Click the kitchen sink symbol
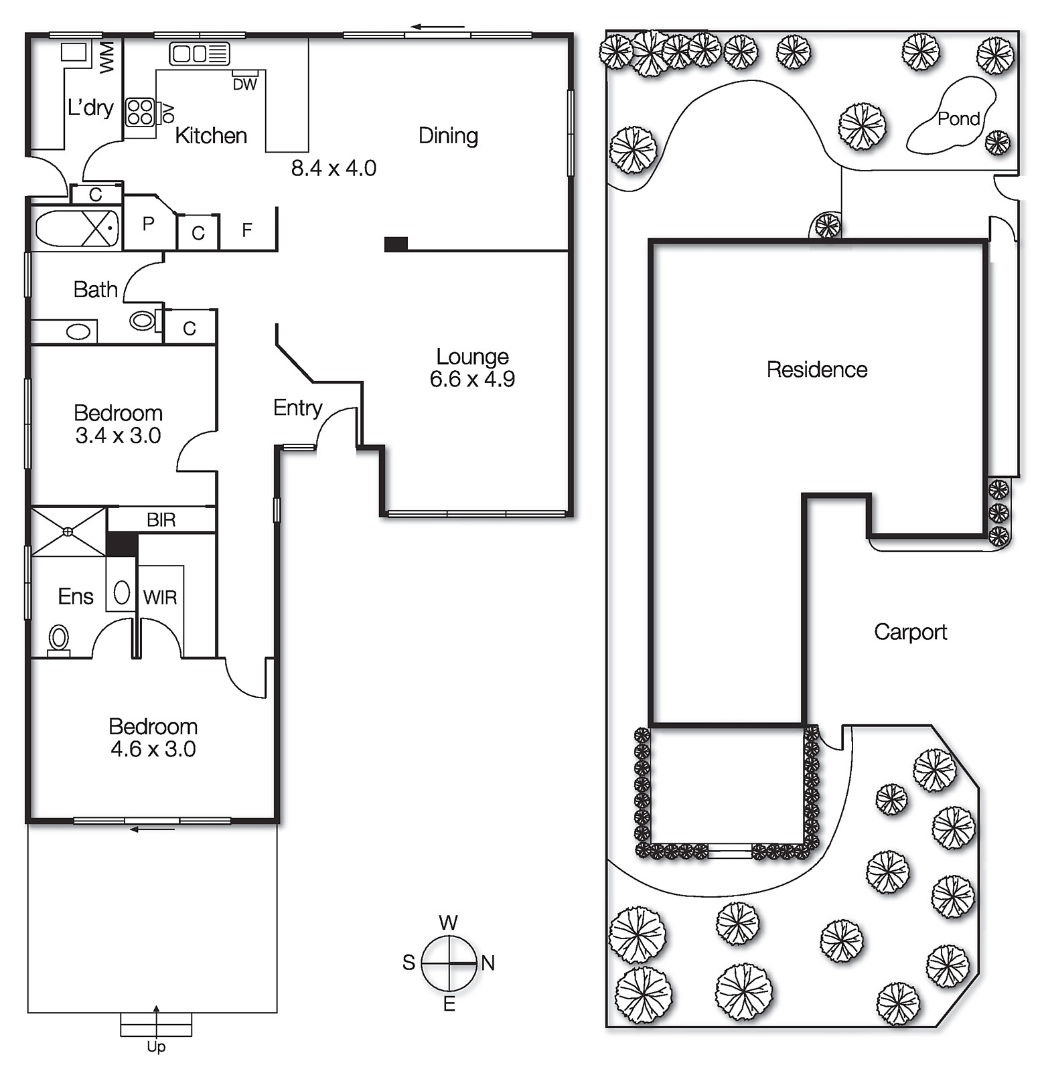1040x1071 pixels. click(199, 54)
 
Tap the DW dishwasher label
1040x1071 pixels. click(244, 84)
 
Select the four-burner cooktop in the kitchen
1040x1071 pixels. click(140, 112)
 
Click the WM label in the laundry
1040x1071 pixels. click(107, 57)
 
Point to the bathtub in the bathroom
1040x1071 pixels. click(76, 228)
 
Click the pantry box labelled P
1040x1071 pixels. click(149, 224)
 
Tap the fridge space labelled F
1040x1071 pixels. click(247, 230)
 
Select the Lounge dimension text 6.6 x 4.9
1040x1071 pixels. click(472, 380)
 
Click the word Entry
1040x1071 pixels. click(297, 408)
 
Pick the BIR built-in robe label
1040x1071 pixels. click(161, 519)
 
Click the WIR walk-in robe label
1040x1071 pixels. click(160, 597)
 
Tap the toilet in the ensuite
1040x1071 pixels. click(59, 639)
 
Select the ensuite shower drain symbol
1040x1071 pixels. click(68, 531)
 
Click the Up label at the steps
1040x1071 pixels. click(156, 1047)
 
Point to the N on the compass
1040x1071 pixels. click(488, 963)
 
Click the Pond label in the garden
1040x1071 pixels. click(958, 119)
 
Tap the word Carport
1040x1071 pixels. click(910, 632)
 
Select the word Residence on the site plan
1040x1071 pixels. click(816, 369)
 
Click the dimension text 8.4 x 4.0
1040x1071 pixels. click(333, 168)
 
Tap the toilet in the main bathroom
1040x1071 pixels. click(142, 320)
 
